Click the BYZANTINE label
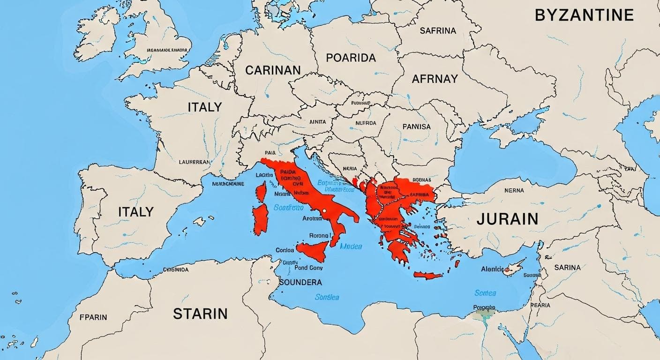click(584, 15)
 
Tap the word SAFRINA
click(437, 31)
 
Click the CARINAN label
click(273, 70)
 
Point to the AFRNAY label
click(435, 79)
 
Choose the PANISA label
click(416, 127)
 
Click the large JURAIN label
click(507, 219)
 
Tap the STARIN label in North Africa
click(200, 314)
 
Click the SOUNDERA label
click(300, 282)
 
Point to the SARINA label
click(567, 268)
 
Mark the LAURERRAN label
click(195, 162)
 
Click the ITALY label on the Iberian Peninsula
click(136, 211)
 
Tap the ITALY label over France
click(204, 107)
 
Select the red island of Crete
click(427, 275)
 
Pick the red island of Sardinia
click(260, 219)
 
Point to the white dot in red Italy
click(324, 211)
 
